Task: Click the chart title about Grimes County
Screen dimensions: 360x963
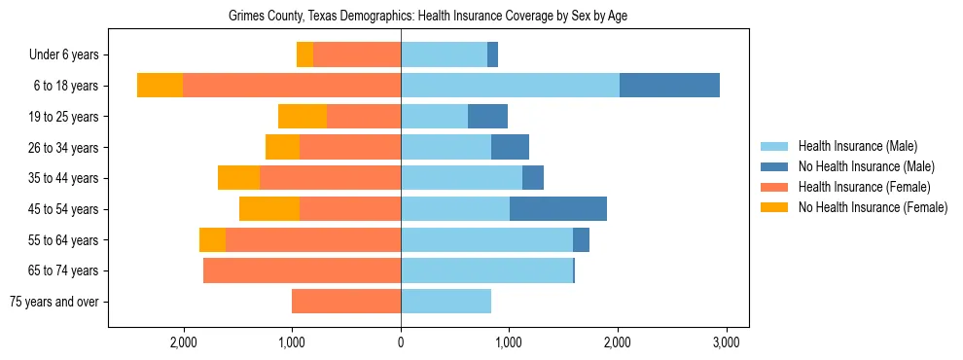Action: [428, 17]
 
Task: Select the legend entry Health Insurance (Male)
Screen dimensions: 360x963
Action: [857, 146]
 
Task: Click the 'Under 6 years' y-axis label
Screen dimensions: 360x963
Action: [63, 55]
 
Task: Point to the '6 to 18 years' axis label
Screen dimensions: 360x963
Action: [66, 86]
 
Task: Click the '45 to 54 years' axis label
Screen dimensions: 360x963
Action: [63, 209]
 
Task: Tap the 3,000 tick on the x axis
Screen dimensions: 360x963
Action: [727, 342]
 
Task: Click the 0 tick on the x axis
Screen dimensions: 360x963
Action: [401, 342]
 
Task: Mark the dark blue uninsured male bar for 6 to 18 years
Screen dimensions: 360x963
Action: [669, 86]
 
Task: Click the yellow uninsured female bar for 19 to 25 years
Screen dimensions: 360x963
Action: [303, 117]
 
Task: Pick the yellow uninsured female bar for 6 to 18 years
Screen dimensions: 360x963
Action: [160, 86]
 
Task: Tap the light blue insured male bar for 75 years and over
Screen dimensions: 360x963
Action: [446, 302]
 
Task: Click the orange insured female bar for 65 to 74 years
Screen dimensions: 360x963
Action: [302, 270]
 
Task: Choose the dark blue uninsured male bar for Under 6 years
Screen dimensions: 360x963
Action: [492, 55]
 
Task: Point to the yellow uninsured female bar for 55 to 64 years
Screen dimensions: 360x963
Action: [212, 240]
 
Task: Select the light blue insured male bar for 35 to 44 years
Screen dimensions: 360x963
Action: [461, 178]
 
